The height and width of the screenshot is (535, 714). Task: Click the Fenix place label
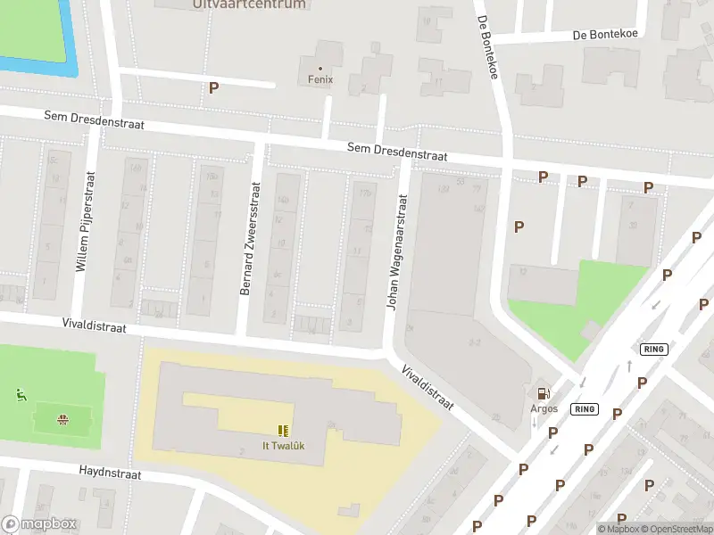point(320,79)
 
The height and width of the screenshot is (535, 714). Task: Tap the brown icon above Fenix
point(320,67)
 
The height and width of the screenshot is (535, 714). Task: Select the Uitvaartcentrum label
point(249,4)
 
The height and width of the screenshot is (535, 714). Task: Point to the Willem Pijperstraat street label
point(84,222)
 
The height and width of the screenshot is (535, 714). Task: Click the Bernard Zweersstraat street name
point(249,239)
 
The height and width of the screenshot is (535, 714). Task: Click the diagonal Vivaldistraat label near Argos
point(428,387)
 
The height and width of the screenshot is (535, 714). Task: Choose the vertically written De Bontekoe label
point(486,47)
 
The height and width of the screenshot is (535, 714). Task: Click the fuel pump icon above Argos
point(543,393)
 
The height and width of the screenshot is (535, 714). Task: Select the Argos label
point(544,408)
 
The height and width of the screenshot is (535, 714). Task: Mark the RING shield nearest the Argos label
point(585,409)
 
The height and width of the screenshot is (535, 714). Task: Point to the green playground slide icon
point(20,393)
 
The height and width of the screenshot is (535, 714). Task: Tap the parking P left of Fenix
point(213,87)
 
